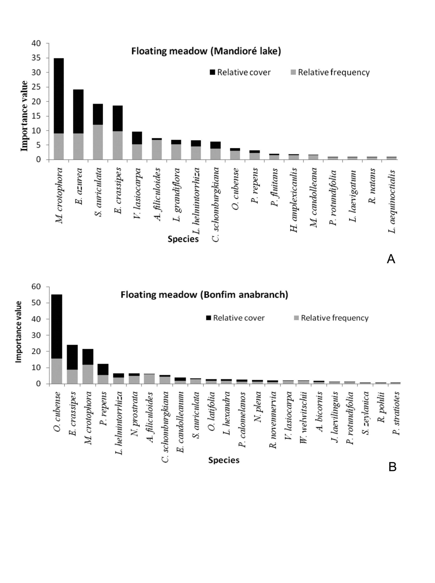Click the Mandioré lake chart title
206,51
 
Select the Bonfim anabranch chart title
204,294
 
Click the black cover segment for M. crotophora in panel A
59,96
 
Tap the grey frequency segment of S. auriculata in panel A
98,142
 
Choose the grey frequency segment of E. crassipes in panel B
72,377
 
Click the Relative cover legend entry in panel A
240,72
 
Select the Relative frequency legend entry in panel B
331,318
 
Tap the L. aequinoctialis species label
392,201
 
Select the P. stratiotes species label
396,413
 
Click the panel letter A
391,259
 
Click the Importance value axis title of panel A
24,116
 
